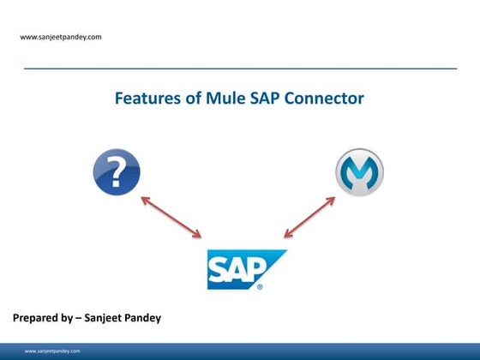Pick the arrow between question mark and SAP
tap(171, 216)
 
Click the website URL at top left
tap(61, 37)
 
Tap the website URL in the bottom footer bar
tap(53, 351)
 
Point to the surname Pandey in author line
tap(161, 319)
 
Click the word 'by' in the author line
tap(77, 319)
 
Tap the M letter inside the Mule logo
tap(359, 171)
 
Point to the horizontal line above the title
tap(240, 67)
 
